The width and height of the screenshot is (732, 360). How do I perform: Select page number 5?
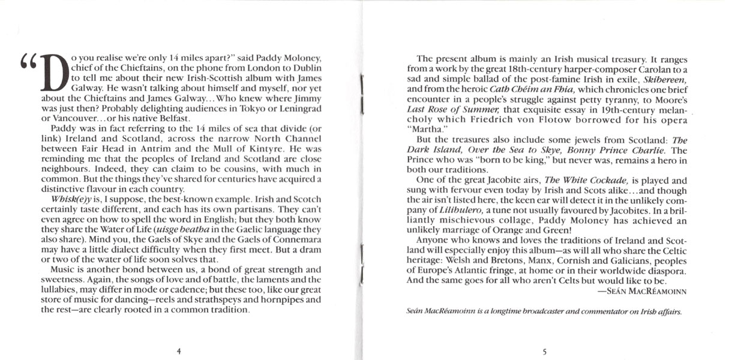tap(543, 351)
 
